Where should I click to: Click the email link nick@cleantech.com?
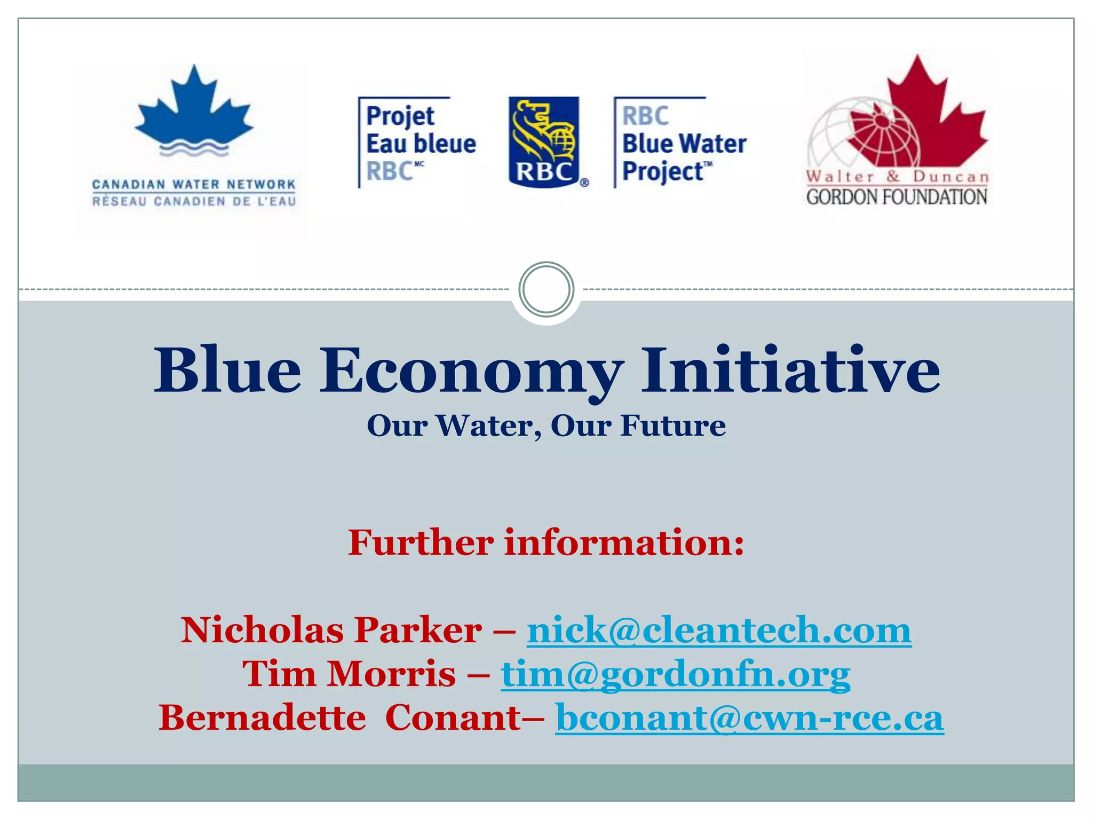[719, 630]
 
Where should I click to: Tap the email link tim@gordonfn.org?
[675, 674]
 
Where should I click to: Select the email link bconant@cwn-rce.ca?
[749, 717]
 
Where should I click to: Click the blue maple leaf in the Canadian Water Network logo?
[194, 109]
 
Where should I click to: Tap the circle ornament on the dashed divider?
[546, 289]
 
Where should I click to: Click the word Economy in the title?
[471, 371]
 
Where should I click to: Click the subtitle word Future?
[672, 426]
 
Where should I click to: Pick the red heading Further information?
[546, 542]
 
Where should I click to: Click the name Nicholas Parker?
[331, 630]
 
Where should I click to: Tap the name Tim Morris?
[349, 674]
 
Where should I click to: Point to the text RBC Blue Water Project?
[683, 144]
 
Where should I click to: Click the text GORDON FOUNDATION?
[897, 197]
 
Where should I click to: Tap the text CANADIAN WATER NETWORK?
[194, 184]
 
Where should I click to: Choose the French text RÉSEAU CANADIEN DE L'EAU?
[194, 201]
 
